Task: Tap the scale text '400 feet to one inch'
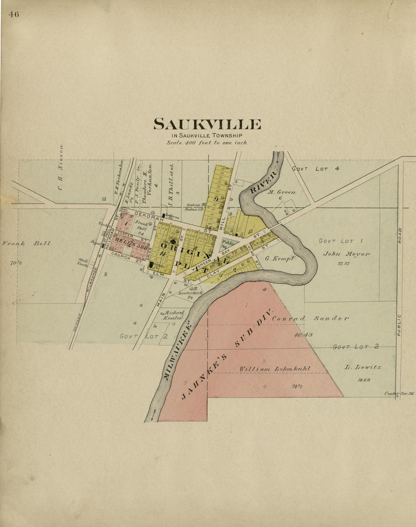coord(208,143)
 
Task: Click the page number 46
coord(14,15)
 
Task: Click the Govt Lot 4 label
coord(315,169)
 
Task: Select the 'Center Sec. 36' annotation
coord(399,394)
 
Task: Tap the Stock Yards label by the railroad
coord(83,262)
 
